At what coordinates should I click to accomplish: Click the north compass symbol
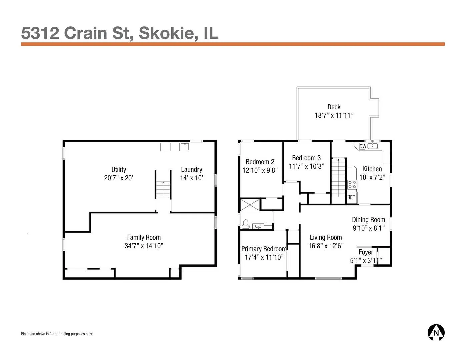436,333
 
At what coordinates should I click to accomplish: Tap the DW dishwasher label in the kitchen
363,146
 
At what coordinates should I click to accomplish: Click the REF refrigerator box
352,197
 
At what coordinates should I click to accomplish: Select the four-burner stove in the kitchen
352,185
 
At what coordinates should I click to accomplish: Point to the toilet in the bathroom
245,224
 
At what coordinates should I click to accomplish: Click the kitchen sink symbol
372,146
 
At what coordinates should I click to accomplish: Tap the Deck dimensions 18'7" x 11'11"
334,115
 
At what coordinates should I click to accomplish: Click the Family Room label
144,237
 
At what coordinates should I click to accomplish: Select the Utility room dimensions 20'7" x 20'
119,178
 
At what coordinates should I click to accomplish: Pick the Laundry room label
192,170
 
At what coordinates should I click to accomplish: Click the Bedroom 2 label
260,162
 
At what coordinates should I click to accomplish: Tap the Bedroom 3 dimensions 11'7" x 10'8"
306,166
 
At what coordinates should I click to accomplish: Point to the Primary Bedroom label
264,249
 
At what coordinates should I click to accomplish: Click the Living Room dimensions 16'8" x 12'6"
326,246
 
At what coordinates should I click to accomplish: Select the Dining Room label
368,220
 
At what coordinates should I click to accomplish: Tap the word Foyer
366,252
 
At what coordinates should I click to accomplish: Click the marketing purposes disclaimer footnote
57,334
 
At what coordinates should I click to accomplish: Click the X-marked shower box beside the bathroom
250,205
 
